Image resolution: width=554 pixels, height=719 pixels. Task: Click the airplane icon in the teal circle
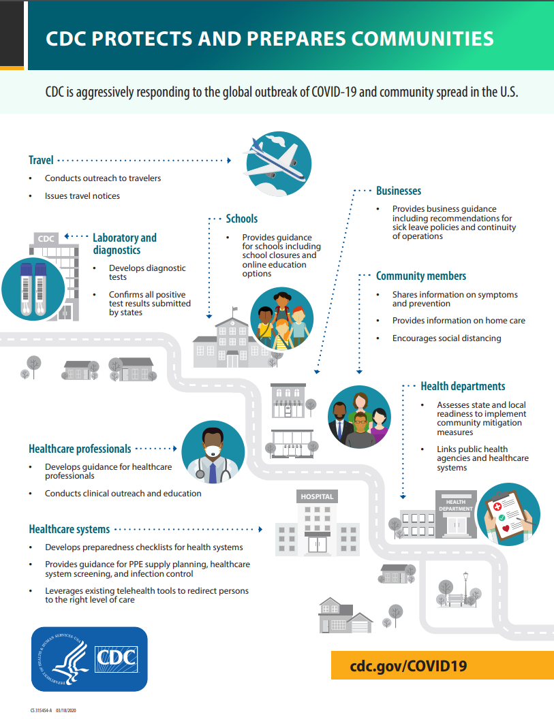tap(279, 163)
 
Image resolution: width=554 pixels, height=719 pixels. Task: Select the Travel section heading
tap(41, 160)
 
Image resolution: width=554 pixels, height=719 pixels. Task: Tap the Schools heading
tap(241, 219)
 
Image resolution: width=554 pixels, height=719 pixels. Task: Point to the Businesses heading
tap(399, 191)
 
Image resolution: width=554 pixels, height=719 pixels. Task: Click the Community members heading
tap(421, 276)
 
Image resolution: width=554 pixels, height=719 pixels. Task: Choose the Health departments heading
tap(463, 386)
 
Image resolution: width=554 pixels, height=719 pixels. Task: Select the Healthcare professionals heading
tap(80, 449)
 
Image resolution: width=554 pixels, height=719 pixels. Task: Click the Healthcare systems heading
tap(70, 529)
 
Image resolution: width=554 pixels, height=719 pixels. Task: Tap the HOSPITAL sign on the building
tap(317, 496)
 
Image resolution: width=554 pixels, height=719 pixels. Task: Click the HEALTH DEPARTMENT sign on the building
tap(456, 505)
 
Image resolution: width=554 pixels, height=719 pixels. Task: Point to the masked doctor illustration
tap(213, 452)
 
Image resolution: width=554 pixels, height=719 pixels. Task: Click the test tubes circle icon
tap(33, 289)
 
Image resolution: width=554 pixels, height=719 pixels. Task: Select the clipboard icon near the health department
tap(508, 514)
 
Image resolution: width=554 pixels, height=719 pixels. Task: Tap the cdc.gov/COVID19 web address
tap(408, 666)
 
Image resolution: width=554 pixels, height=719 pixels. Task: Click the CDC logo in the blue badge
tap(116, 659)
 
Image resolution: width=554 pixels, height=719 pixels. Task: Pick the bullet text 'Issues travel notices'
tap(82, 196)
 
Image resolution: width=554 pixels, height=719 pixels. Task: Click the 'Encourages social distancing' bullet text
tap(446, 338)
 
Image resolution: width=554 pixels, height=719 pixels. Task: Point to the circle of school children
tap(282, 319)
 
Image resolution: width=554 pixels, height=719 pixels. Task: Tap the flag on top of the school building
tap(235, 309)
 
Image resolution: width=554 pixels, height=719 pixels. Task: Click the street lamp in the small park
tap(466, 587)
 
